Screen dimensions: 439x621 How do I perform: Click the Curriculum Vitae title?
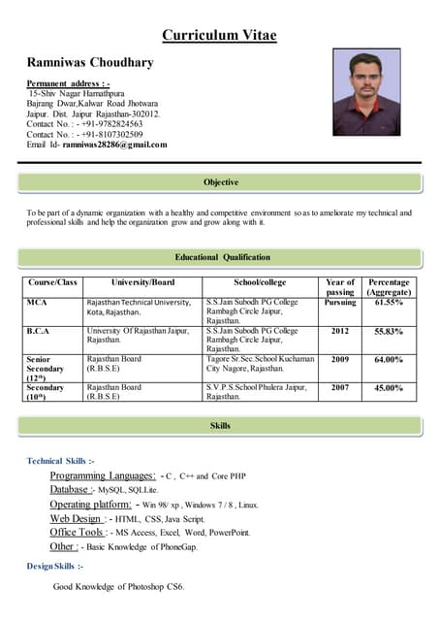(219, 36)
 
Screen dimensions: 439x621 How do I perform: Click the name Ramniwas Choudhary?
(90, 62)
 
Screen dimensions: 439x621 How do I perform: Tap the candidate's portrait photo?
(366, 92)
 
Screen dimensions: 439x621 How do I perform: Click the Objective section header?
(221, 182)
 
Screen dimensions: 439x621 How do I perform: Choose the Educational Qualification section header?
(222, 257)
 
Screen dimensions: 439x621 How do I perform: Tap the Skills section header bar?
(221, 426)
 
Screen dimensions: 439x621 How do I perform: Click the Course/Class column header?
(53, 282)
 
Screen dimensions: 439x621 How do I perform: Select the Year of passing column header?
(340, 286)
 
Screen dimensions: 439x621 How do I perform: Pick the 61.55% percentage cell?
(389, 303)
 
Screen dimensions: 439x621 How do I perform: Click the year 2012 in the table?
(340, 330)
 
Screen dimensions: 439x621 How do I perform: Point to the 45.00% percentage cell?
(389, 387)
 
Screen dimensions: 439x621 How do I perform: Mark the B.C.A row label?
(39, 330)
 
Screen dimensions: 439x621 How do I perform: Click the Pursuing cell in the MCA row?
(340, 303)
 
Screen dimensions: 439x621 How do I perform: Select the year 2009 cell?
(340, 359)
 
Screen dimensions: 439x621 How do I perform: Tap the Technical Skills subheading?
(60, 460)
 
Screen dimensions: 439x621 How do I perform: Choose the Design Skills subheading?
(54, 565)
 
